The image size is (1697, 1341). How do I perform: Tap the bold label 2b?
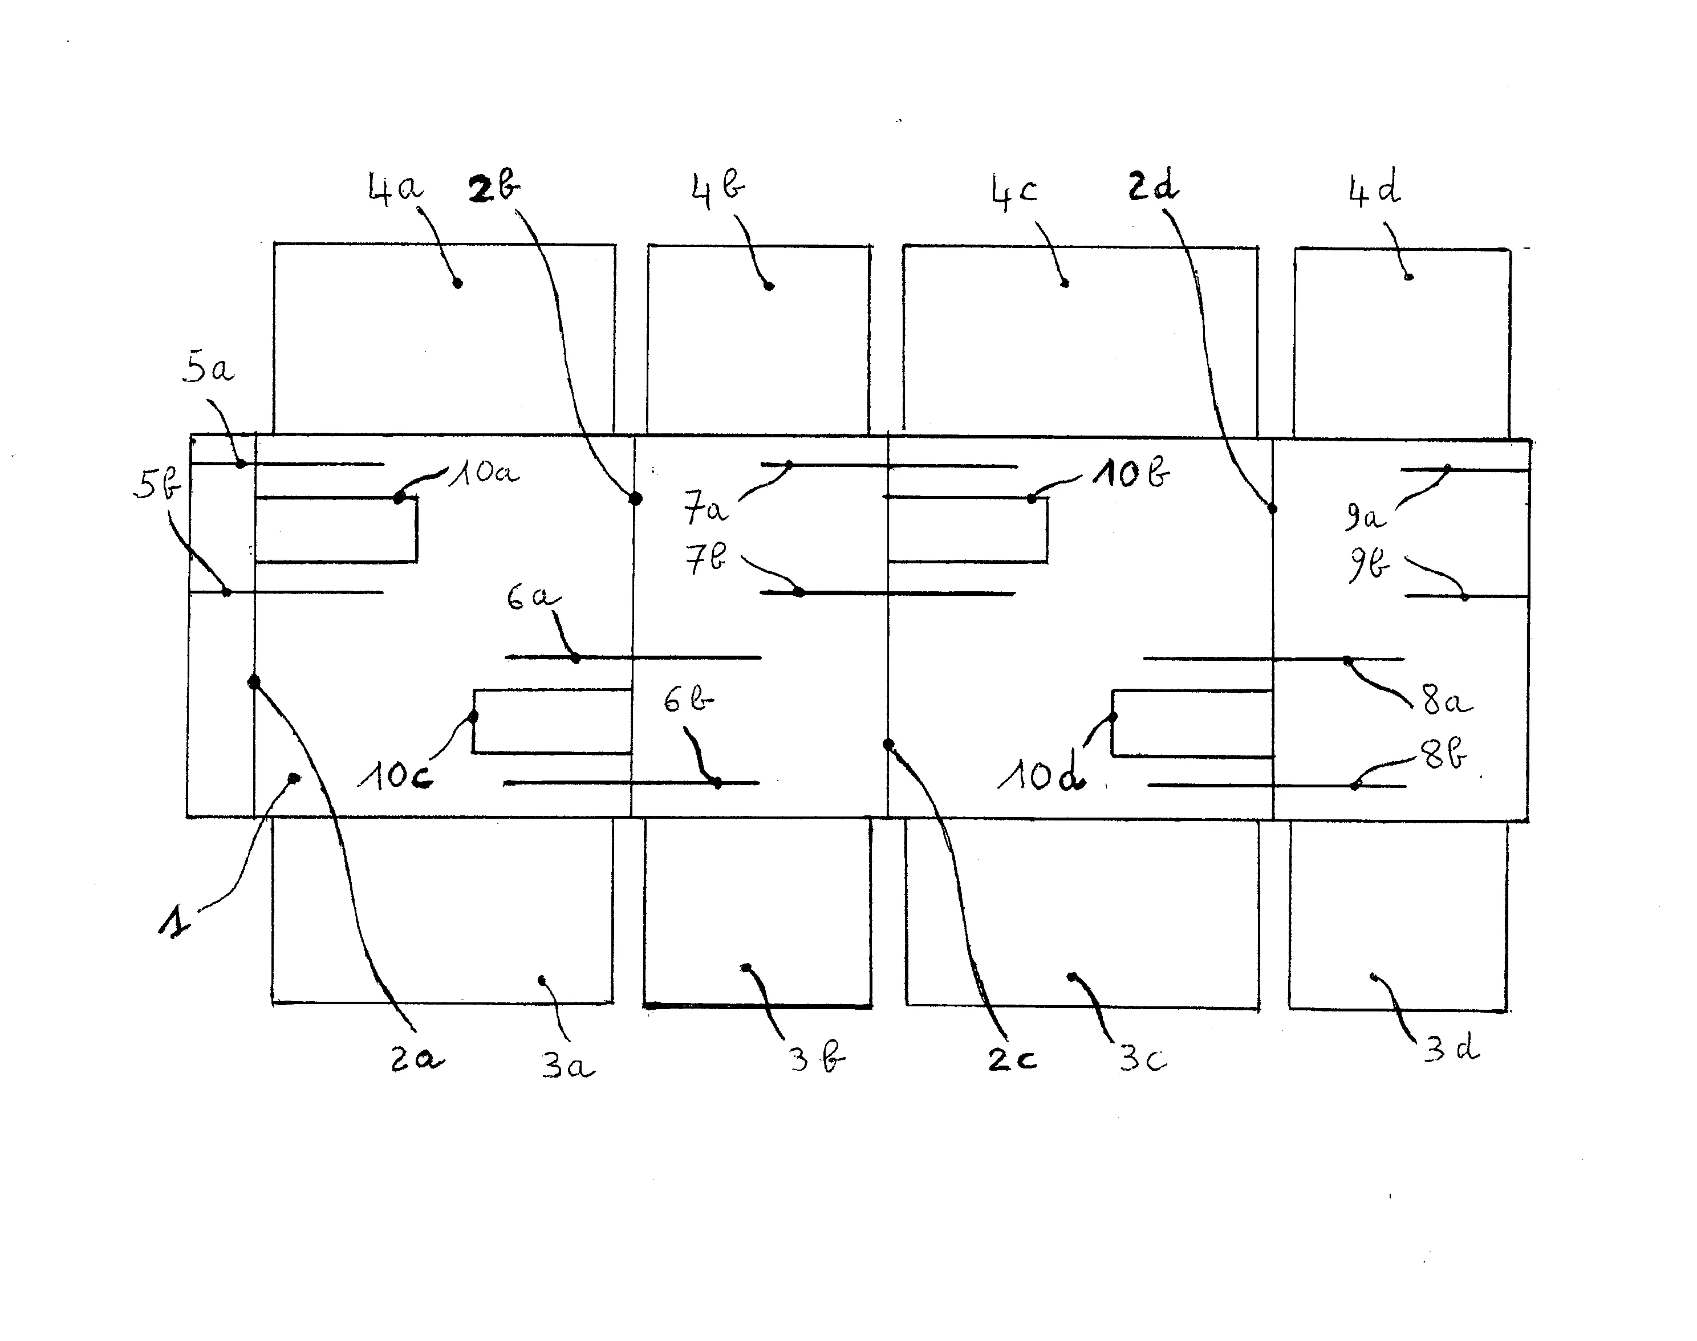pos(494,188)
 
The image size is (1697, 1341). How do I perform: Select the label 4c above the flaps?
pos(1014,192)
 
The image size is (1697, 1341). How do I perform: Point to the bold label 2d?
pos(1153,188)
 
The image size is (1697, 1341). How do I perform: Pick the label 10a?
pos(484,473)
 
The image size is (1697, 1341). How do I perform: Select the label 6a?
pos(533,598)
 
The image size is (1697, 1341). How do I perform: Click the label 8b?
pos(1443,756)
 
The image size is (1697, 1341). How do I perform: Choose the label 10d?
pos(1041,777)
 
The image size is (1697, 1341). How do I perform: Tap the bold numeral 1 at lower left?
pos(174,920)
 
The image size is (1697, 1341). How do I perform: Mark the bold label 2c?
pos(1012,1060)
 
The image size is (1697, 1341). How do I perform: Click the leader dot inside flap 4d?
pos(1409,277)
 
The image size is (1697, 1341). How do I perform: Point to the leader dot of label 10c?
pos(473,716)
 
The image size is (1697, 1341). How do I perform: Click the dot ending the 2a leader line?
pos(254,681)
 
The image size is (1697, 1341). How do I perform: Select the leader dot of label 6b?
pos(718,783)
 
